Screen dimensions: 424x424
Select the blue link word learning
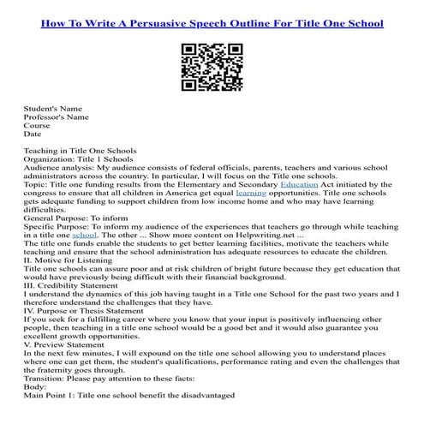251,194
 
